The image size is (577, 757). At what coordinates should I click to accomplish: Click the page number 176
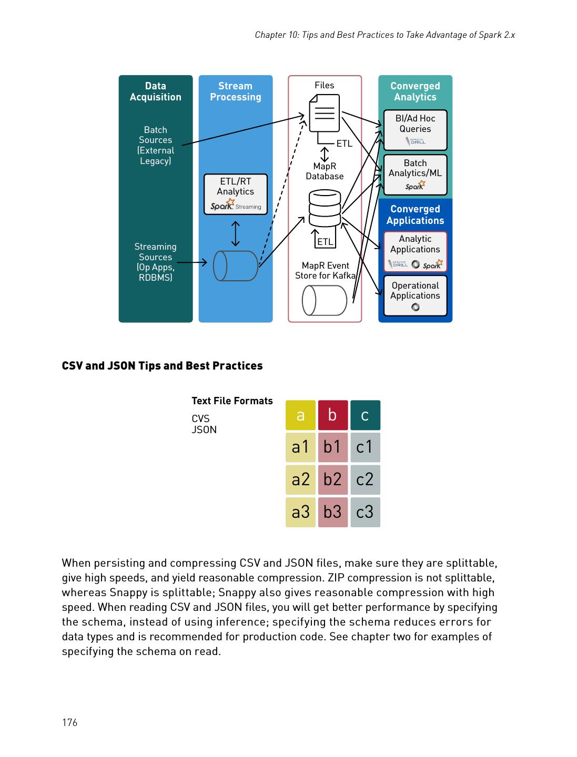click(x=69, y=722)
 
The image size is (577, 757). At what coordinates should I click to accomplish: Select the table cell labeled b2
click(x=332, y=479)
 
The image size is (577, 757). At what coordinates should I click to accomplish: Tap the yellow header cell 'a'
click(x=300, y=415)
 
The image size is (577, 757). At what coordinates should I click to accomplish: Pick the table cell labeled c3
click(x=365, y=512)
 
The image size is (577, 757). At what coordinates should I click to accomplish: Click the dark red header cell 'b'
click(x=332, y=415)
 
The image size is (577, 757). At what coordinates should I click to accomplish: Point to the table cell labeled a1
click(x=300, y=447)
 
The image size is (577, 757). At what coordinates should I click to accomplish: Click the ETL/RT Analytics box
click(x=235, y=194)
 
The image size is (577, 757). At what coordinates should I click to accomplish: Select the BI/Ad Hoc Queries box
click(x=415, y=130)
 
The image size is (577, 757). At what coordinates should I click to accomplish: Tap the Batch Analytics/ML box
click(x=415, y=175)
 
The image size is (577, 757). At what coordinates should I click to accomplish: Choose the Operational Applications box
click(x=415, y=295)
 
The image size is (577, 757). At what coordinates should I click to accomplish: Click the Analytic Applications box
click(x=415, y=251)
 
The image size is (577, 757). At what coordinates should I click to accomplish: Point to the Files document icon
click(x=324, y=113)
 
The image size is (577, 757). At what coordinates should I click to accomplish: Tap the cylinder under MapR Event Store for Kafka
click(x=324, y=301)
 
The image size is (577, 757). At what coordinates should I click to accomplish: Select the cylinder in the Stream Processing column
click(x=236, y=266)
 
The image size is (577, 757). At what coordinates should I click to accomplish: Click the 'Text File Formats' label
click(x=232, y=401)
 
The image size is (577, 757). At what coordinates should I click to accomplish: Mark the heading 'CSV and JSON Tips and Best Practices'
click(x=162, y=366)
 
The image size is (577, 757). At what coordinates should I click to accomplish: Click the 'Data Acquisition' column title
click(x=155, y=91)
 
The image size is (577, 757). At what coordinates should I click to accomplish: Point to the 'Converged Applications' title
click(x=415, y=214)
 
